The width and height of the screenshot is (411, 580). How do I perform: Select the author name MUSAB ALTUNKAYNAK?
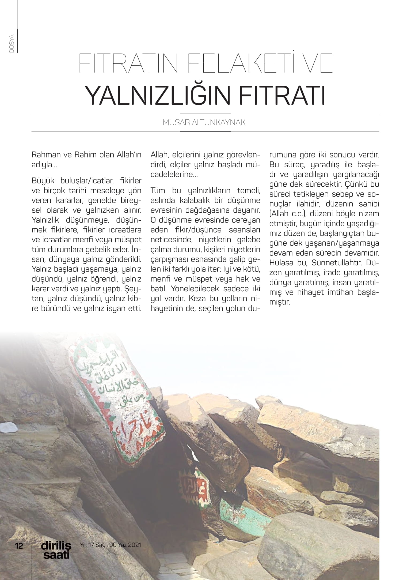pos(204,123)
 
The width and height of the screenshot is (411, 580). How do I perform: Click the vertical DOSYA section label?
pos(12,43)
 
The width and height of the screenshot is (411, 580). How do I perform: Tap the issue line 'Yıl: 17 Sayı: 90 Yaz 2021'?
pos(111,545)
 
